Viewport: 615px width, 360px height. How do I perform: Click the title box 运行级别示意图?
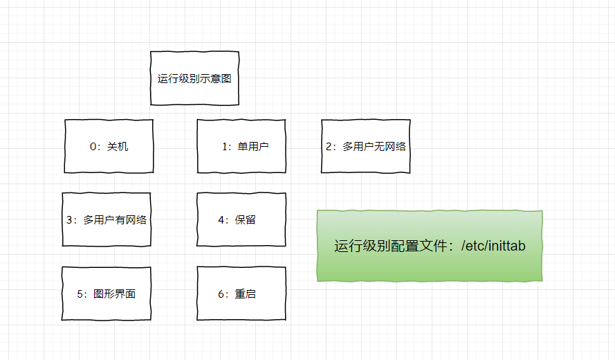(x=194, y=78)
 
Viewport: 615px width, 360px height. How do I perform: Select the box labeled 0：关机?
(x=109, y=146)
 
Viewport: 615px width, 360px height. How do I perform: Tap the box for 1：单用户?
(x=241, y=146)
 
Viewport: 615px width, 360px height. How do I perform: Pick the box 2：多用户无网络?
(x=365, y=146)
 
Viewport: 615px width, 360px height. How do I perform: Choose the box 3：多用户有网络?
(x=107, y=220)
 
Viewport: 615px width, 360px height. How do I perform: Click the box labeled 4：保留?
(x=241, y=220)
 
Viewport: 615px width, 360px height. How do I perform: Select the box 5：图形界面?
(x=107, y=294)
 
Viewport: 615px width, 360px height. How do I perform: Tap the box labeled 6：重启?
(x=241, y=294)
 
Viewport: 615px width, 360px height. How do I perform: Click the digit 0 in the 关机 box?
(x=93, y=147)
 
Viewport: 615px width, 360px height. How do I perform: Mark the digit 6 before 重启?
(x=221, y=294)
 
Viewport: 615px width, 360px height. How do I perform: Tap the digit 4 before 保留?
(x=221, y=220)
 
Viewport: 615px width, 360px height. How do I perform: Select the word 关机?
(x=118, y=147)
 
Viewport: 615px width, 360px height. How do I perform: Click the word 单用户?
(x=253, y=147)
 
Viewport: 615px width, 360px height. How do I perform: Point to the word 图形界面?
(x=115, y=294)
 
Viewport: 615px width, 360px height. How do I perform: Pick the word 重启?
(x=246, y=294)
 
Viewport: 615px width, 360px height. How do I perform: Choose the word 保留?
(x=246, y=220)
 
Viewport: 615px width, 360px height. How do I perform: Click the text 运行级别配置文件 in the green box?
(x=389, y=246)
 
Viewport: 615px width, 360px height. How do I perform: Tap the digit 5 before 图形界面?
(x=80, y=294)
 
